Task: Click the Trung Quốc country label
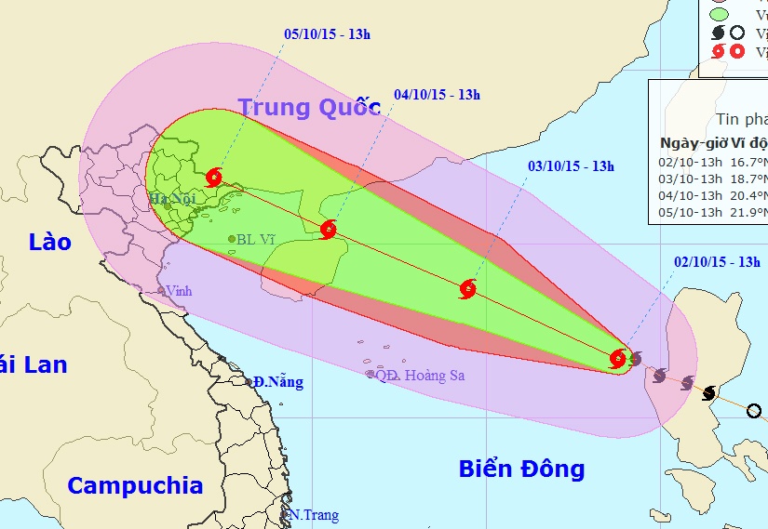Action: coord(309,107)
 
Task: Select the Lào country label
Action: coord(49,242)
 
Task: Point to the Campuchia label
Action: coord(135,485)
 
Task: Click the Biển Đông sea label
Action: coord(521,469)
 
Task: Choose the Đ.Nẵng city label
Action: coord(277,381)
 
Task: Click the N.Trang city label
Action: coord(314,515)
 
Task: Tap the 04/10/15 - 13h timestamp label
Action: coord(437,95)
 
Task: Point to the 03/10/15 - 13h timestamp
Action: coord(571,166)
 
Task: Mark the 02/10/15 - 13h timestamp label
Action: coord(717,262)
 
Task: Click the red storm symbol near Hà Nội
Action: coord(215,177)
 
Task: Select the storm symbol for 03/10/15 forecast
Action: coord(467,289)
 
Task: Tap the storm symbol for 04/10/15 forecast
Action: coord(328,230)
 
